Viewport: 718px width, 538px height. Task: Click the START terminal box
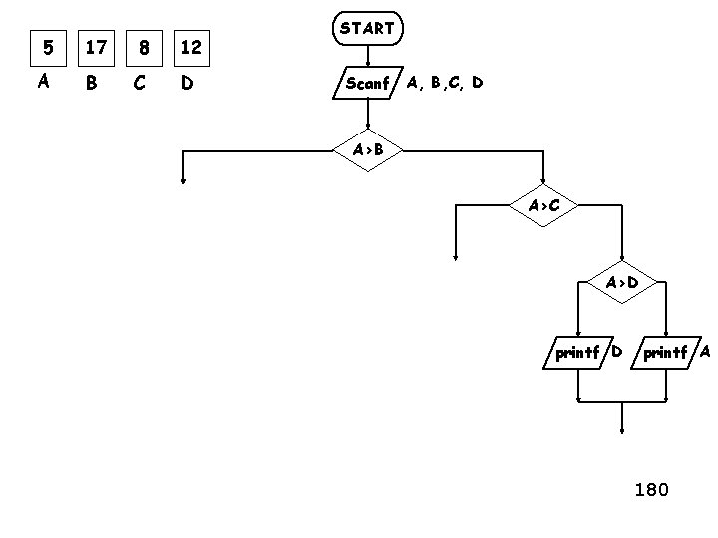click(x=367, y=30)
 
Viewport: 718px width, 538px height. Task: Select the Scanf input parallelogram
click(x=366, y=84)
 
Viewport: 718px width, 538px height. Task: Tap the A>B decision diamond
click(x=367, y=150)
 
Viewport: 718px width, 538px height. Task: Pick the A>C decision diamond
click(x=543, y=206)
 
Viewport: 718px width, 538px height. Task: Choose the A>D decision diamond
click(x=622, y=283)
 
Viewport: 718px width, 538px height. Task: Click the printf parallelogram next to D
click(x=578, y=353)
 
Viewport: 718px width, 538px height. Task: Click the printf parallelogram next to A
click(x=665, y=353)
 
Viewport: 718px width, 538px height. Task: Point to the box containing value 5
click(x=44, y=47)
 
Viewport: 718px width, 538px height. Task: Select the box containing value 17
click(x=96, y=47)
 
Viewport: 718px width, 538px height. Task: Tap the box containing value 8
click(x=144, y=47)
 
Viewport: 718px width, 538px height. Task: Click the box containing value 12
click(x=190, y=47)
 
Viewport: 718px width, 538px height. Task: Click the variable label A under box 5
click(x=44, y=83)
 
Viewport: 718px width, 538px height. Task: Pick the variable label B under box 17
click(x=92, y=84)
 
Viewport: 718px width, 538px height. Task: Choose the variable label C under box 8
click(x=140, y=84)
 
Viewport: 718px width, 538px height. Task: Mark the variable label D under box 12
click(x=186, y=84)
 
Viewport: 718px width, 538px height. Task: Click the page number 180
click(x=651, y=490)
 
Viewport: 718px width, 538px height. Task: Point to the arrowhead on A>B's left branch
click(x=183, y=180)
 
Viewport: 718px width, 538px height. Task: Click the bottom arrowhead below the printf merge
click(x=622, y=431)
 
